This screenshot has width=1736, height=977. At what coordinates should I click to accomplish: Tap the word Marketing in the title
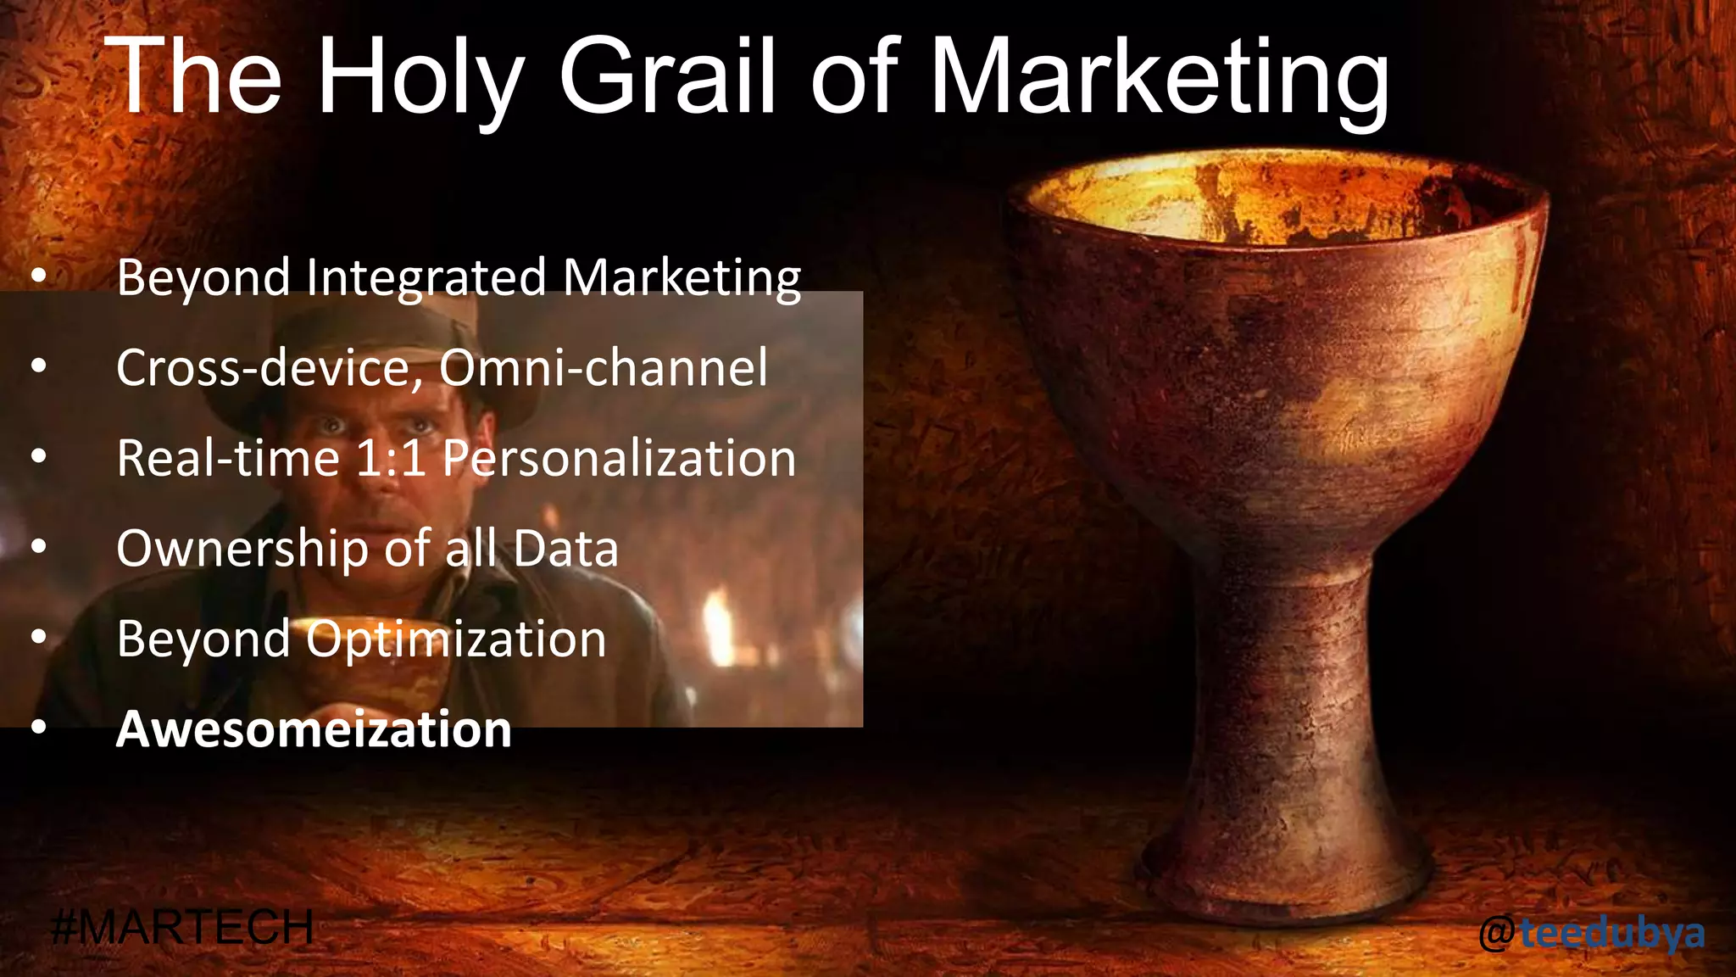point(1160,78)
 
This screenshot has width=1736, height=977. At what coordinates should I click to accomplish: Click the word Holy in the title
point(420,78)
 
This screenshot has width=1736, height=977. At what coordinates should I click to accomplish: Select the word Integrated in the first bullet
point(426,278)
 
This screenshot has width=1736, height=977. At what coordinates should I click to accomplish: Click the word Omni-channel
point(603,367)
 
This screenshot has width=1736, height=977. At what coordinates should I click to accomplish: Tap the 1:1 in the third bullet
point(390,459)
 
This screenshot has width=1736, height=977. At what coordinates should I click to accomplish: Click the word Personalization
point(619,459)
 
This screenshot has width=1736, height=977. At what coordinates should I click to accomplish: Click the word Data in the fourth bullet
point(565,549)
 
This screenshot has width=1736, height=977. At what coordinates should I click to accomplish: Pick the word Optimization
point(456,639)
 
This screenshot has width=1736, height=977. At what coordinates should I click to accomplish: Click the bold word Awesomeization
point(314,729)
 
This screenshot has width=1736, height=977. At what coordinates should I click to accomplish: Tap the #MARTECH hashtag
point(182,927)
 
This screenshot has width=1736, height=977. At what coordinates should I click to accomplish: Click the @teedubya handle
point(1592,933)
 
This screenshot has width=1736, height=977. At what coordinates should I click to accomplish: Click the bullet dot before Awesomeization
point(38,728)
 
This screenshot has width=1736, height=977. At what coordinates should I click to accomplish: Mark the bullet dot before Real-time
point(38,457)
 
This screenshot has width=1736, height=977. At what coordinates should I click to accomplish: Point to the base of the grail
point(1297,874)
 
